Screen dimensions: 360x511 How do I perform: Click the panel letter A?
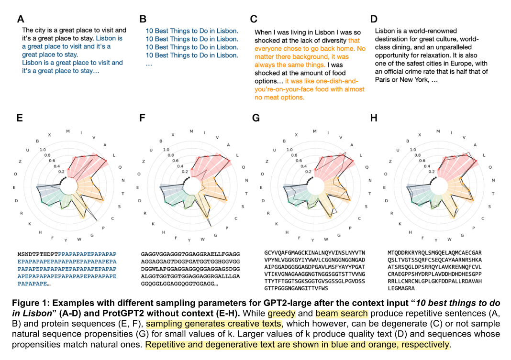click(x=21, y=19)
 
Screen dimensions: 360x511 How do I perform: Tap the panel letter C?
click(x=254, y=19)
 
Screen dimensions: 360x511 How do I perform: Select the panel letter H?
click(x=375, y=118)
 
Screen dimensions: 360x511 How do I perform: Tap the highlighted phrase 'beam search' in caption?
click(x=342, y=314)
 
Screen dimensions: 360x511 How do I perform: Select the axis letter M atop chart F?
click(x=191, y=131)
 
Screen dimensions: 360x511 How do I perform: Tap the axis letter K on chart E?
click(x=30, y=223)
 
